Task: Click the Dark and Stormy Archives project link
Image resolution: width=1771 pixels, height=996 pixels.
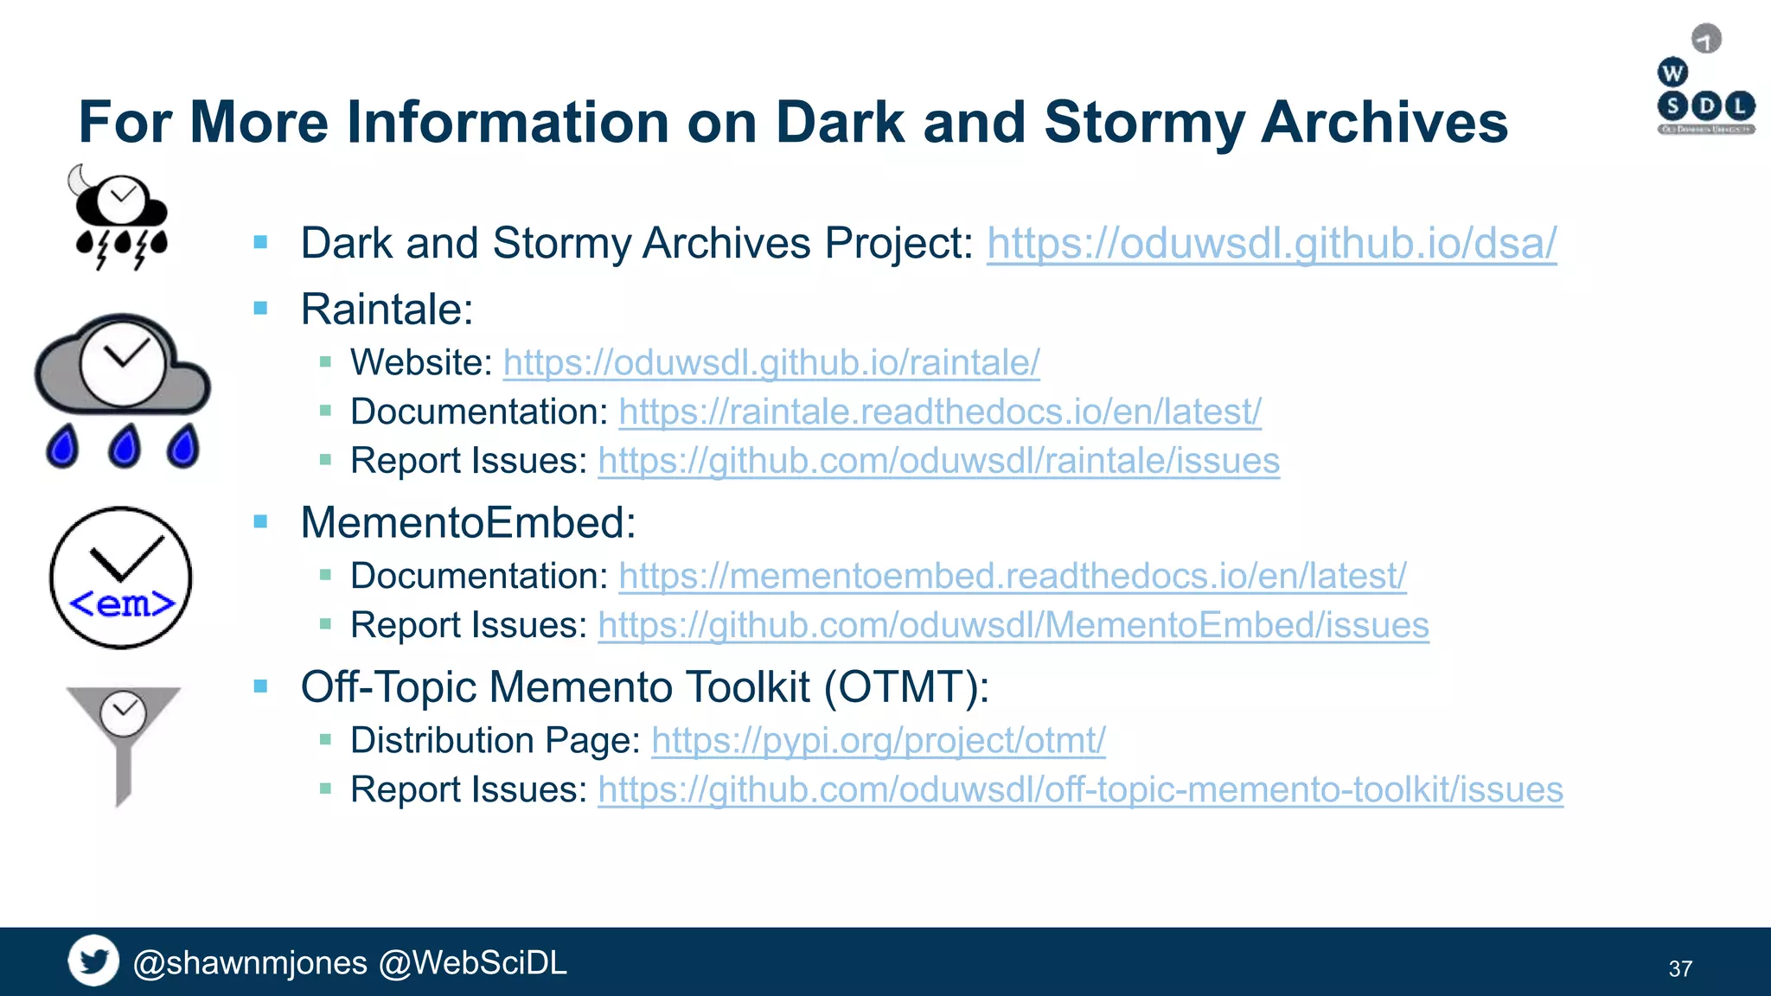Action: click(1271, 244)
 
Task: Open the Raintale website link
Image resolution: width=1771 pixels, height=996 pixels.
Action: click(771, 363)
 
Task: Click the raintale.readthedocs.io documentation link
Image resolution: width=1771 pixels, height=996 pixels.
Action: click(940, 412)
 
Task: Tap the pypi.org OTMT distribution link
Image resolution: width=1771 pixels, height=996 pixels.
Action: click(878, 741)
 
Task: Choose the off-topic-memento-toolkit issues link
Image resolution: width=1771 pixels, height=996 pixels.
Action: click(1080, 790)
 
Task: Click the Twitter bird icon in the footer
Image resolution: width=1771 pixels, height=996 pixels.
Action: click(93, 961)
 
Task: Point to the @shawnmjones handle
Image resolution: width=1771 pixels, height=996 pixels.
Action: click(251, 963)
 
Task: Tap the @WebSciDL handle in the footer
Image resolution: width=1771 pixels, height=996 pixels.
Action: click(473, 963)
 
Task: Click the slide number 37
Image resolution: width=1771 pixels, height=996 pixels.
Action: click(1679, 969)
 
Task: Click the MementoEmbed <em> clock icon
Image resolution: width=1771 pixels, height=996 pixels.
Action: click(121, 578)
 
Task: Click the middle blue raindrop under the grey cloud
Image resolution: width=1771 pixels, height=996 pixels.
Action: click(125, 446)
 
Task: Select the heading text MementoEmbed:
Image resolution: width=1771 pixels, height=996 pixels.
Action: click(468, 523)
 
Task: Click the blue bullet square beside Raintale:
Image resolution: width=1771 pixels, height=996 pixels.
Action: click(260, 309)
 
